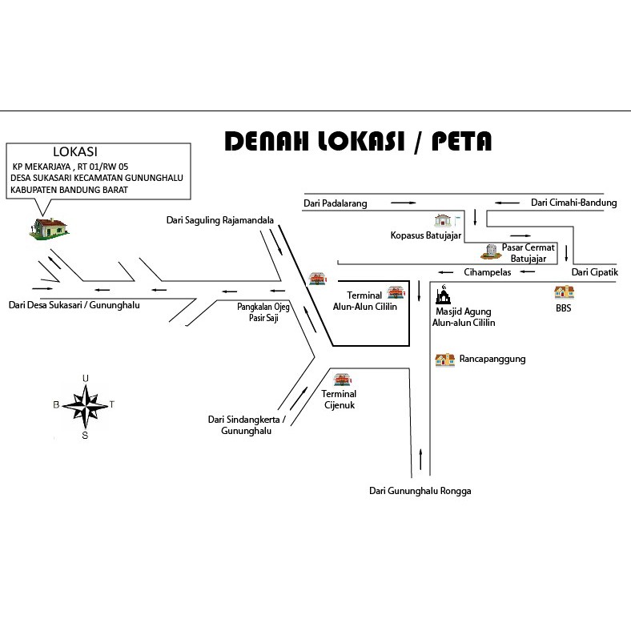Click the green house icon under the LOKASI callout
pyautogui.click(x=49, y=228)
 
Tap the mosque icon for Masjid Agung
pyautogui.click(x=443, y=294)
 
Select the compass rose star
pyautogui.click(x=86, y=406)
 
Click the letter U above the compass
pyautogui.click(x=86, y=378)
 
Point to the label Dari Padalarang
pyautogui.click(x=336, y=203)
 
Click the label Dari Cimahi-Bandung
pyautogui.click(x=574, y=203)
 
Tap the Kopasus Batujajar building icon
pyautogui.click(x=443, y=220)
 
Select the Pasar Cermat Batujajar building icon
pyautogui.click(x=491, y=251)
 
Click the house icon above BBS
pyautogui.click(x=565, y=292)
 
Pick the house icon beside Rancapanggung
pyautogui.click(x=444, y=360)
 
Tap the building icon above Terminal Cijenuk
pyautogui.click(x=342, y=380)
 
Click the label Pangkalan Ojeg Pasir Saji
pyautogui.click(x=263, y=312)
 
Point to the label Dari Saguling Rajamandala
pyautogui.click(x=220, y=220)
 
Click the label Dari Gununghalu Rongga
pyautogui.click(x=420, y=491)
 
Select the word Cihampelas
pyautogui.click(x=488, y=272)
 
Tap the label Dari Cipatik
pyautogui.click(x=595, y=272)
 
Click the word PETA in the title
pyautogui.click(x=461, y=141)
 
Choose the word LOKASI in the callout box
pyautogui.click(x=75, y=151)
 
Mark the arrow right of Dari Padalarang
pyautogui.click(x=404, y=203)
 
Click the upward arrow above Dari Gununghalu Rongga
pyautogui.click(x=421, y=459)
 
